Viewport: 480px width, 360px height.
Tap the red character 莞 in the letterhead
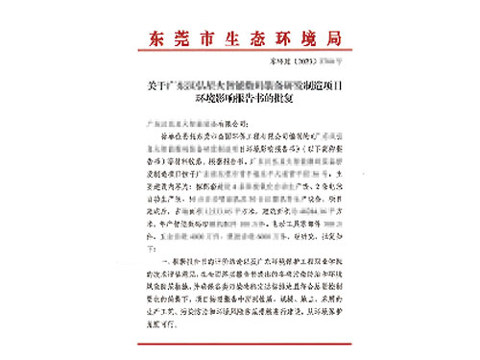pyautogui.click(x=181, y=39)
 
